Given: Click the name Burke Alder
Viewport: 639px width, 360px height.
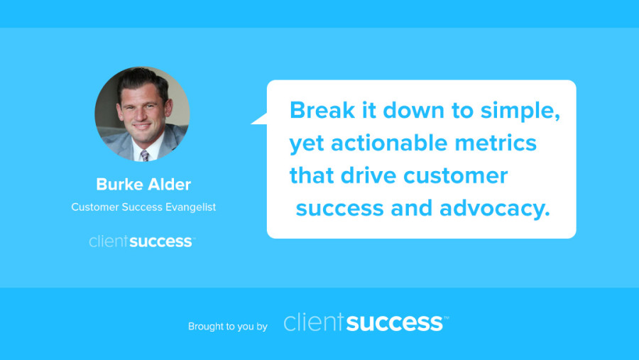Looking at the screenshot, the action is point(143,185).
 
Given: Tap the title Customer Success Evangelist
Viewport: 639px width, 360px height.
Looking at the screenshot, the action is point(143,207).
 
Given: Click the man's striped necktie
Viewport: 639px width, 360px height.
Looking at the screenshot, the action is point(145,156).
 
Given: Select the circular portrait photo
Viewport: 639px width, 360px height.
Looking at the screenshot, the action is point(142,114).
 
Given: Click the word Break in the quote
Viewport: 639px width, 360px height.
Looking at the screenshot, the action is point(322,110).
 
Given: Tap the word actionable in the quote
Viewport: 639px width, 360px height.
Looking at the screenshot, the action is point(389,143).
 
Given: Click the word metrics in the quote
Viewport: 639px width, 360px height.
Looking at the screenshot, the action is point(496,143).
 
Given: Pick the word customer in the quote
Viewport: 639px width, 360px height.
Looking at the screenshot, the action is point(456,176).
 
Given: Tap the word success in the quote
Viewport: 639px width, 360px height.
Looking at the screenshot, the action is point(340,209).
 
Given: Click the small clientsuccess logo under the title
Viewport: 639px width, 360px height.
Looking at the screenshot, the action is point(142,241).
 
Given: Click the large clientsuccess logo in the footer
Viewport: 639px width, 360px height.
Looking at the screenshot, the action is point(366,322).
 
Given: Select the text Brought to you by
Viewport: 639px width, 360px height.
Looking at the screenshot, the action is point(228,326).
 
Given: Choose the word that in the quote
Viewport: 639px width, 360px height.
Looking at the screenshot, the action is point(312,175).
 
